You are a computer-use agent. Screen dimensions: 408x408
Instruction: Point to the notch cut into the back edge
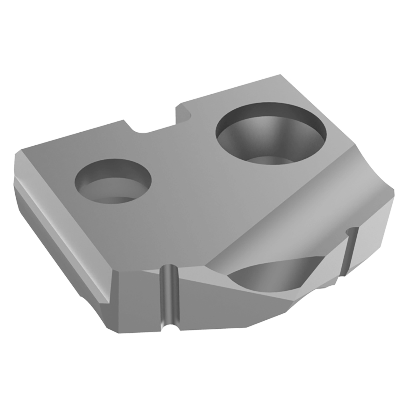click(x=153, y=123)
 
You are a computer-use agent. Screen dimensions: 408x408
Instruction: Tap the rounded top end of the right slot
click(x=352, y=230)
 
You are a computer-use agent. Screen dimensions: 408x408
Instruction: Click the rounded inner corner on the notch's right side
click(x=186, y=115)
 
